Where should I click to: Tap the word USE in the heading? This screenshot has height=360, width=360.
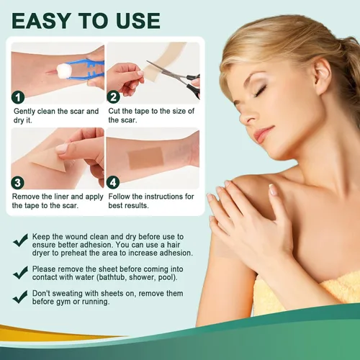click(138, 21)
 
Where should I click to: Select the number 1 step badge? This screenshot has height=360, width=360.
click(18, 97)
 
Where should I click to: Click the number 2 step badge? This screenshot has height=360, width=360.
click(114, 97)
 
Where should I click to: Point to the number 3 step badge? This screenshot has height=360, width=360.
click(17, 183)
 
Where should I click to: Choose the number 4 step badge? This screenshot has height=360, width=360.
click(113, 182)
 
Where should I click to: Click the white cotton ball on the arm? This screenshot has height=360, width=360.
click(62, 70)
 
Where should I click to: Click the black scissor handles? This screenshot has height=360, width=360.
click(192, 85)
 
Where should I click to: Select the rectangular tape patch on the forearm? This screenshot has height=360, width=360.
click(145, 158)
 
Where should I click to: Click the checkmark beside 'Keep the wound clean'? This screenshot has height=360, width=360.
click(21, 240)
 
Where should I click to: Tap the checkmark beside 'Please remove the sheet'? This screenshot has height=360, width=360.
click(21, 272)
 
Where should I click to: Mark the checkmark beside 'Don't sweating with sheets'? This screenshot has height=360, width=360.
click(21, 297)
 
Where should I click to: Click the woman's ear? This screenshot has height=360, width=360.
click(323, 76)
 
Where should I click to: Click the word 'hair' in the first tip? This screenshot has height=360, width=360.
click(174, 245)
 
